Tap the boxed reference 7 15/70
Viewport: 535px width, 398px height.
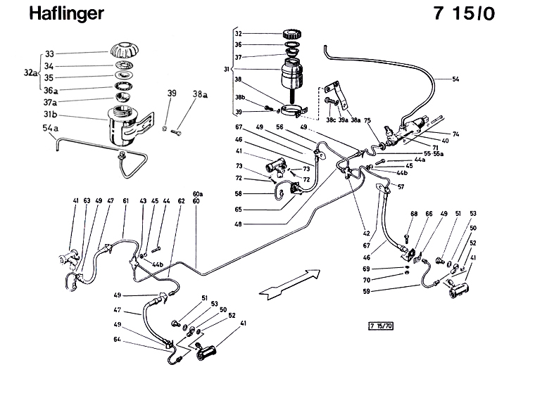pos(381,325)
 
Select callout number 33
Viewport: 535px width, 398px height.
pos(49,53)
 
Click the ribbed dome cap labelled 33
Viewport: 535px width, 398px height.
pos(126,51)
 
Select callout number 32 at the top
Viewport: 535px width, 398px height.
pos(238,33)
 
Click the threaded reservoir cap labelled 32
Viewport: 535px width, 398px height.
pos(291,34)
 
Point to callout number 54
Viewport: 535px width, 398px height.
pos(455,79)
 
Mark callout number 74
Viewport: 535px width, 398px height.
pos(455,134)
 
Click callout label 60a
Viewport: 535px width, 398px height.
pos(198,193)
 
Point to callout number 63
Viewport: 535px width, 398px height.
pos(87,201)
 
